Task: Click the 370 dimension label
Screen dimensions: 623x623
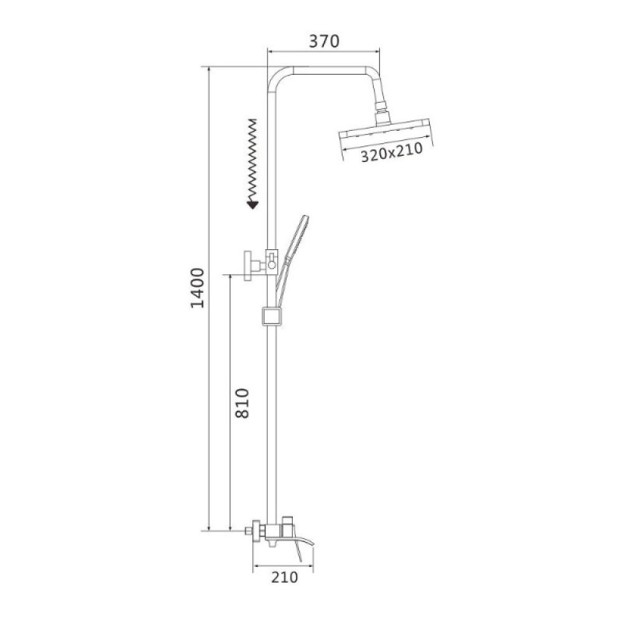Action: click(324, 40)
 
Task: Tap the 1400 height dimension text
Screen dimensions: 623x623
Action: click(197, 288)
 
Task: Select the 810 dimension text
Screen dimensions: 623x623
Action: click(242, 403)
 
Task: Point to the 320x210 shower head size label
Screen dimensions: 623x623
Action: click(392, 153)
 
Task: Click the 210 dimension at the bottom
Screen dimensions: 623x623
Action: click(284, 577)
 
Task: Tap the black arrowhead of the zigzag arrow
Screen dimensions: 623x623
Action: click(252, 205)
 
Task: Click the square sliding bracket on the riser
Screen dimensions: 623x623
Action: click(272, 316)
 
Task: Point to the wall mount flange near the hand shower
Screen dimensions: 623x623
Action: click(248, 266)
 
